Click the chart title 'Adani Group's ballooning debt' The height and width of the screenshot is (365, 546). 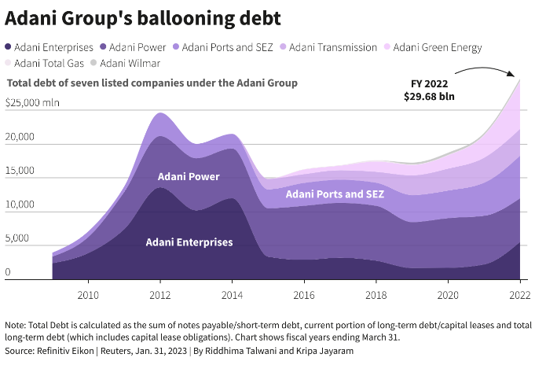pos(143,17)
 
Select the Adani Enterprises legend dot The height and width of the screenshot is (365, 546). pos(9,47)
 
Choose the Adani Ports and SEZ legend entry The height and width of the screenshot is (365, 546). pos(222,47)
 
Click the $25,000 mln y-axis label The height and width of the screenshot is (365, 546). pos(32,102)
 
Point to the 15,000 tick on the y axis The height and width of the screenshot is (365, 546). pos(20,171)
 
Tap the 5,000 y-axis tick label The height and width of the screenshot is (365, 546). pos(20,239)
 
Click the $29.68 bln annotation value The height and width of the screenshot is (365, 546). pos(429,97)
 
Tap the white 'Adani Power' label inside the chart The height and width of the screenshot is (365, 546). pos(189,176)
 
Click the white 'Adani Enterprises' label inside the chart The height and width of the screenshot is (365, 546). pos(189,241)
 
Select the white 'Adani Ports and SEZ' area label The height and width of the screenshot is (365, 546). pos(335,194)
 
